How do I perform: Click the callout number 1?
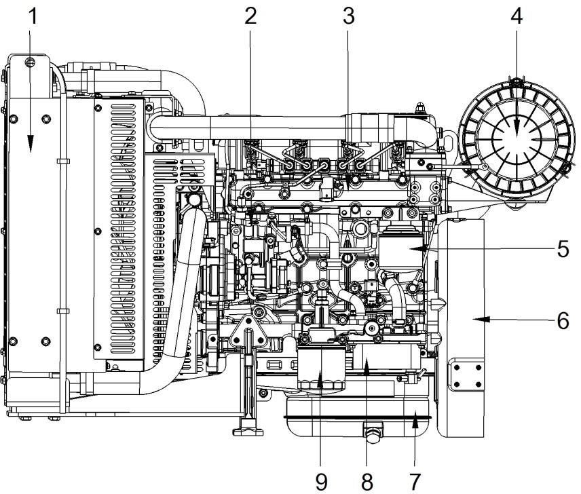pos(33,17)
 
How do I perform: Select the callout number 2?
pos(250,16)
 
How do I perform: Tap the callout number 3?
pos(348,16)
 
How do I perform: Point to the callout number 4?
pos(517,16)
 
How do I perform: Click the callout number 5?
pos(563,249)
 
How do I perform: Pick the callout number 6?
pos(563,321)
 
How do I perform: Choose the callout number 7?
pos(415,482)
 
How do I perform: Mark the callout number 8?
pos(367,482)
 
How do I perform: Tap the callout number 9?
pos(321,482)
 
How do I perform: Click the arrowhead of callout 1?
pos(31,144)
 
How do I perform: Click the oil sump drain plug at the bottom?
pos(373,434)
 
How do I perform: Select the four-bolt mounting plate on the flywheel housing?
pos(466,374)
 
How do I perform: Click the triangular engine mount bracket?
pos(246,333)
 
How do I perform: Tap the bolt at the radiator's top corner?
pos(30,62)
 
